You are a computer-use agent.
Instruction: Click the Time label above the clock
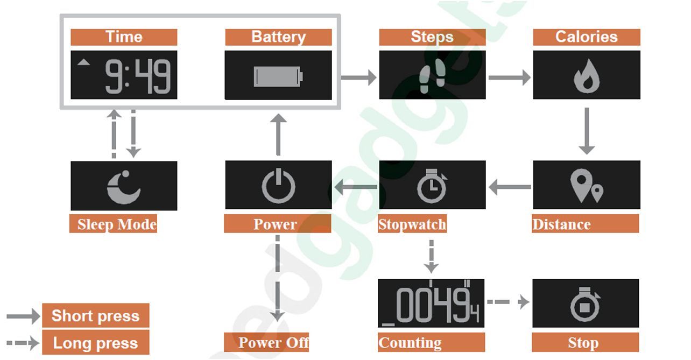click(124, 37)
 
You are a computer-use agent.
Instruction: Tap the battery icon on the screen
click(278, 76)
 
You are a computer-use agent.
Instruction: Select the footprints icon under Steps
click(432, 76)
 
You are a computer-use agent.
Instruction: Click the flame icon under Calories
click(586, 76)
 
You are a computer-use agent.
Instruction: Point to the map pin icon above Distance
click(586, 186)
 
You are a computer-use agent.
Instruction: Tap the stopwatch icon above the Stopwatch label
click(432, 186)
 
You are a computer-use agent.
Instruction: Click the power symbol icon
click(278, 186)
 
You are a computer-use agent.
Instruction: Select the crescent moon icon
click(124, 187)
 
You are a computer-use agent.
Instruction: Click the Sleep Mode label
click(117, 224)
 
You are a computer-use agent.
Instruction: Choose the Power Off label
click(273, 343)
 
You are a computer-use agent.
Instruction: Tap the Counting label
click(410, 343)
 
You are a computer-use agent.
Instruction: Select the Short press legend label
click(95, 316)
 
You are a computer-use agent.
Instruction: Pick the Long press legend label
click(95, 343)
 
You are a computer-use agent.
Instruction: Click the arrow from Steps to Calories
click(509, 77)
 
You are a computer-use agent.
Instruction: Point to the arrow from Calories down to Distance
click(586, 131)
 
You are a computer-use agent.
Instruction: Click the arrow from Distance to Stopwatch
click(509, 187)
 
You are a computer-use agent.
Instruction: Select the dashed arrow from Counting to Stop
click(508, 302)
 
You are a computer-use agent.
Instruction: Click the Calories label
click(587, 37)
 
